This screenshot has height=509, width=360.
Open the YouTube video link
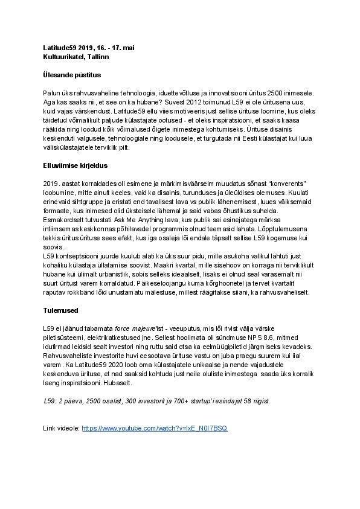point(155,427)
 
